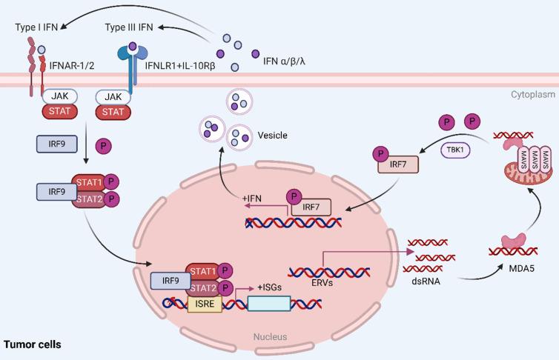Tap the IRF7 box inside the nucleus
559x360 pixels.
pyautogui.click(x=311, y=209)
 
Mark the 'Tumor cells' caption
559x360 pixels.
pyautogui.click(x=33, y=344)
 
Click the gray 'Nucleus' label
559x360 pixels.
pyautogui.click(x=270, y=337)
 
